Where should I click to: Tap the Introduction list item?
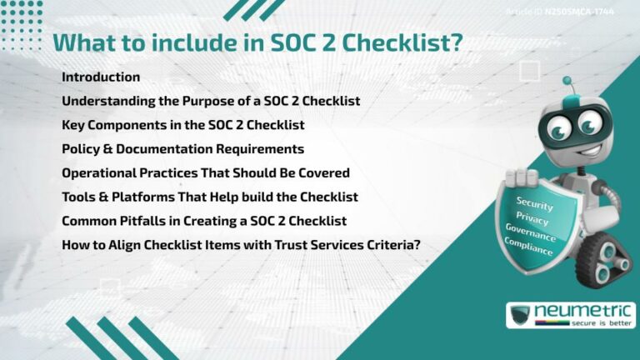[x=101, y=77]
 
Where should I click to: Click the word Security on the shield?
[x=535, y=202]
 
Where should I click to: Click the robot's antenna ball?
[x=567, y=82]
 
